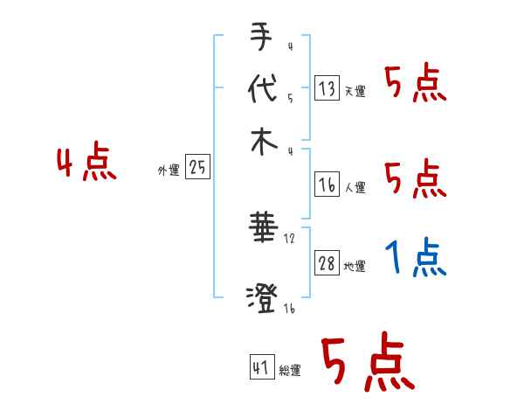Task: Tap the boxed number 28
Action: pos(327,263)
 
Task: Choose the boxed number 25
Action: pos(197,167)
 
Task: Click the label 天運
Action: pos(355,91)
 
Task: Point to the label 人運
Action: pos(355,187)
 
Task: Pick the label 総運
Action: pos(290,371)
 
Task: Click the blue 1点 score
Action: pos(416,257)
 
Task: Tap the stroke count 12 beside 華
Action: pos(290,238)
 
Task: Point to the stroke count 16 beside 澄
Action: pos(289,309)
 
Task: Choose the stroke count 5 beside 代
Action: pos(290,98)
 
